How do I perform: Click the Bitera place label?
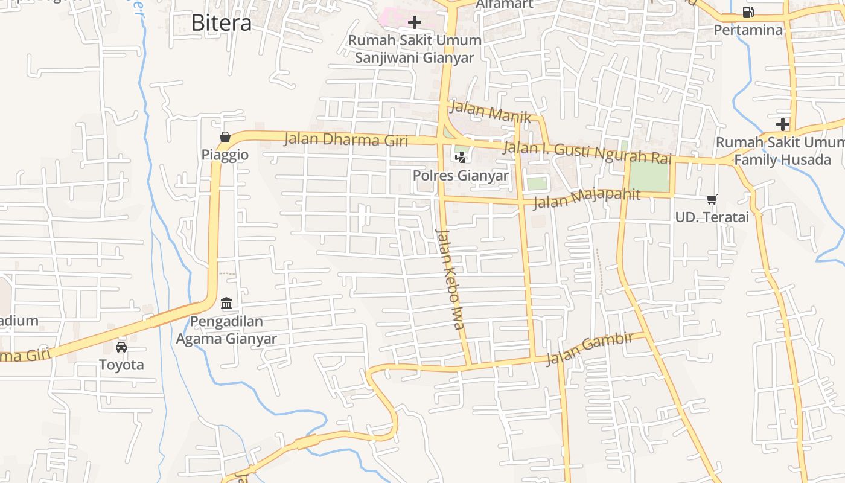[x=221, y=23]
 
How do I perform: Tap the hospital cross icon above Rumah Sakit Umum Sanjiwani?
[x=415, y=22]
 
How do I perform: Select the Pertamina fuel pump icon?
[x=748, y=12]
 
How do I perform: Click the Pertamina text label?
[x=748, y=30]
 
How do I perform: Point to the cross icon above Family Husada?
[x=783, y=124]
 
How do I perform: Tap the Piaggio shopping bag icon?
[x=225, y=137]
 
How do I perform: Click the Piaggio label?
[x=225, y=155]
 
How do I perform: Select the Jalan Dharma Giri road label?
[x=346, y=139]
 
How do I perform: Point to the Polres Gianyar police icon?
[x=461, y=158]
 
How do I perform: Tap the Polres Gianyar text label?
[x=461, y=176]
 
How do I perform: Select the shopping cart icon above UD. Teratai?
[x=712, y=199]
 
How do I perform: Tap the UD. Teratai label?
[x=712, y=217]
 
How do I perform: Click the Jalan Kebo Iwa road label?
[x=451, y=279]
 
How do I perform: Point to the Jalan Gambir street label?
[x=590, y=348]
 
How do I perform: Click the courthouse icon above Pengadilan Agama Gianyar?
[x=226, y=302]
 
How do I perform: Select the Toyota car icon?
[x=121, y=347]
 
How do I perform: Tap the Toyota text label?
[x=121, y=365]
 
